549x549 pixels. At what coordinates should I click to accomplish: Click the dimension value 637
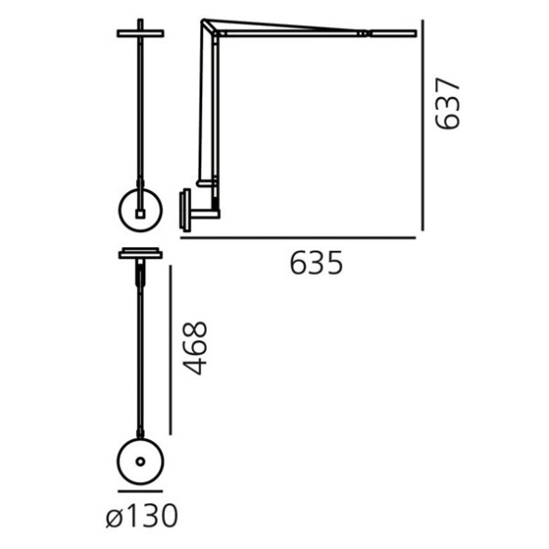(x=448, y=104)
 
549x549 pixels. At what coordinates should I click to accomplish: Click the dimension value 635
(x=316, y=264)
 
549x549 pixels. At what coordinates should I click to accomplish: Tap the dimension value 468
(x=194, y=348)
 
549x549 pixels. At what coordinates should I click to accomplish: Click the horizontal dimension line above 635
(x=297, y=238)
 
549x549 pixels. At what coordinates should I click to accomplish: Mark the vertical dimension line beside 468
(x=170, y=349)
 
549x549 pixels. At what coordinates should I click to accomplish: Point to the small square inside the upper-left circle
(x=141, y=213)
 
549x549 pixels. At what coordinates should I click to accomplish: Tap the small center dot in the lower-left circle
(x=141, y=461)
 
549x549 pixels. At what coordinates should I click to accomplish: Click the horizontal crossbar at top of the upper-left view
(x=141, y=34)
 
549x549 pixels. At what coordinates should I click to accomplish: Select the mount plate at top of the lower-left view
(x=141, y=253)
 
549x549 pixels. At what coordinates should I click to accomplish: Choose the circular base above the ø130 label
(x=141, y=461)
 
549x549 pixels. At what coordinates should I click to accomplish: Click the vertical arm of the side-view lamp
(x=204, y=112)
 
